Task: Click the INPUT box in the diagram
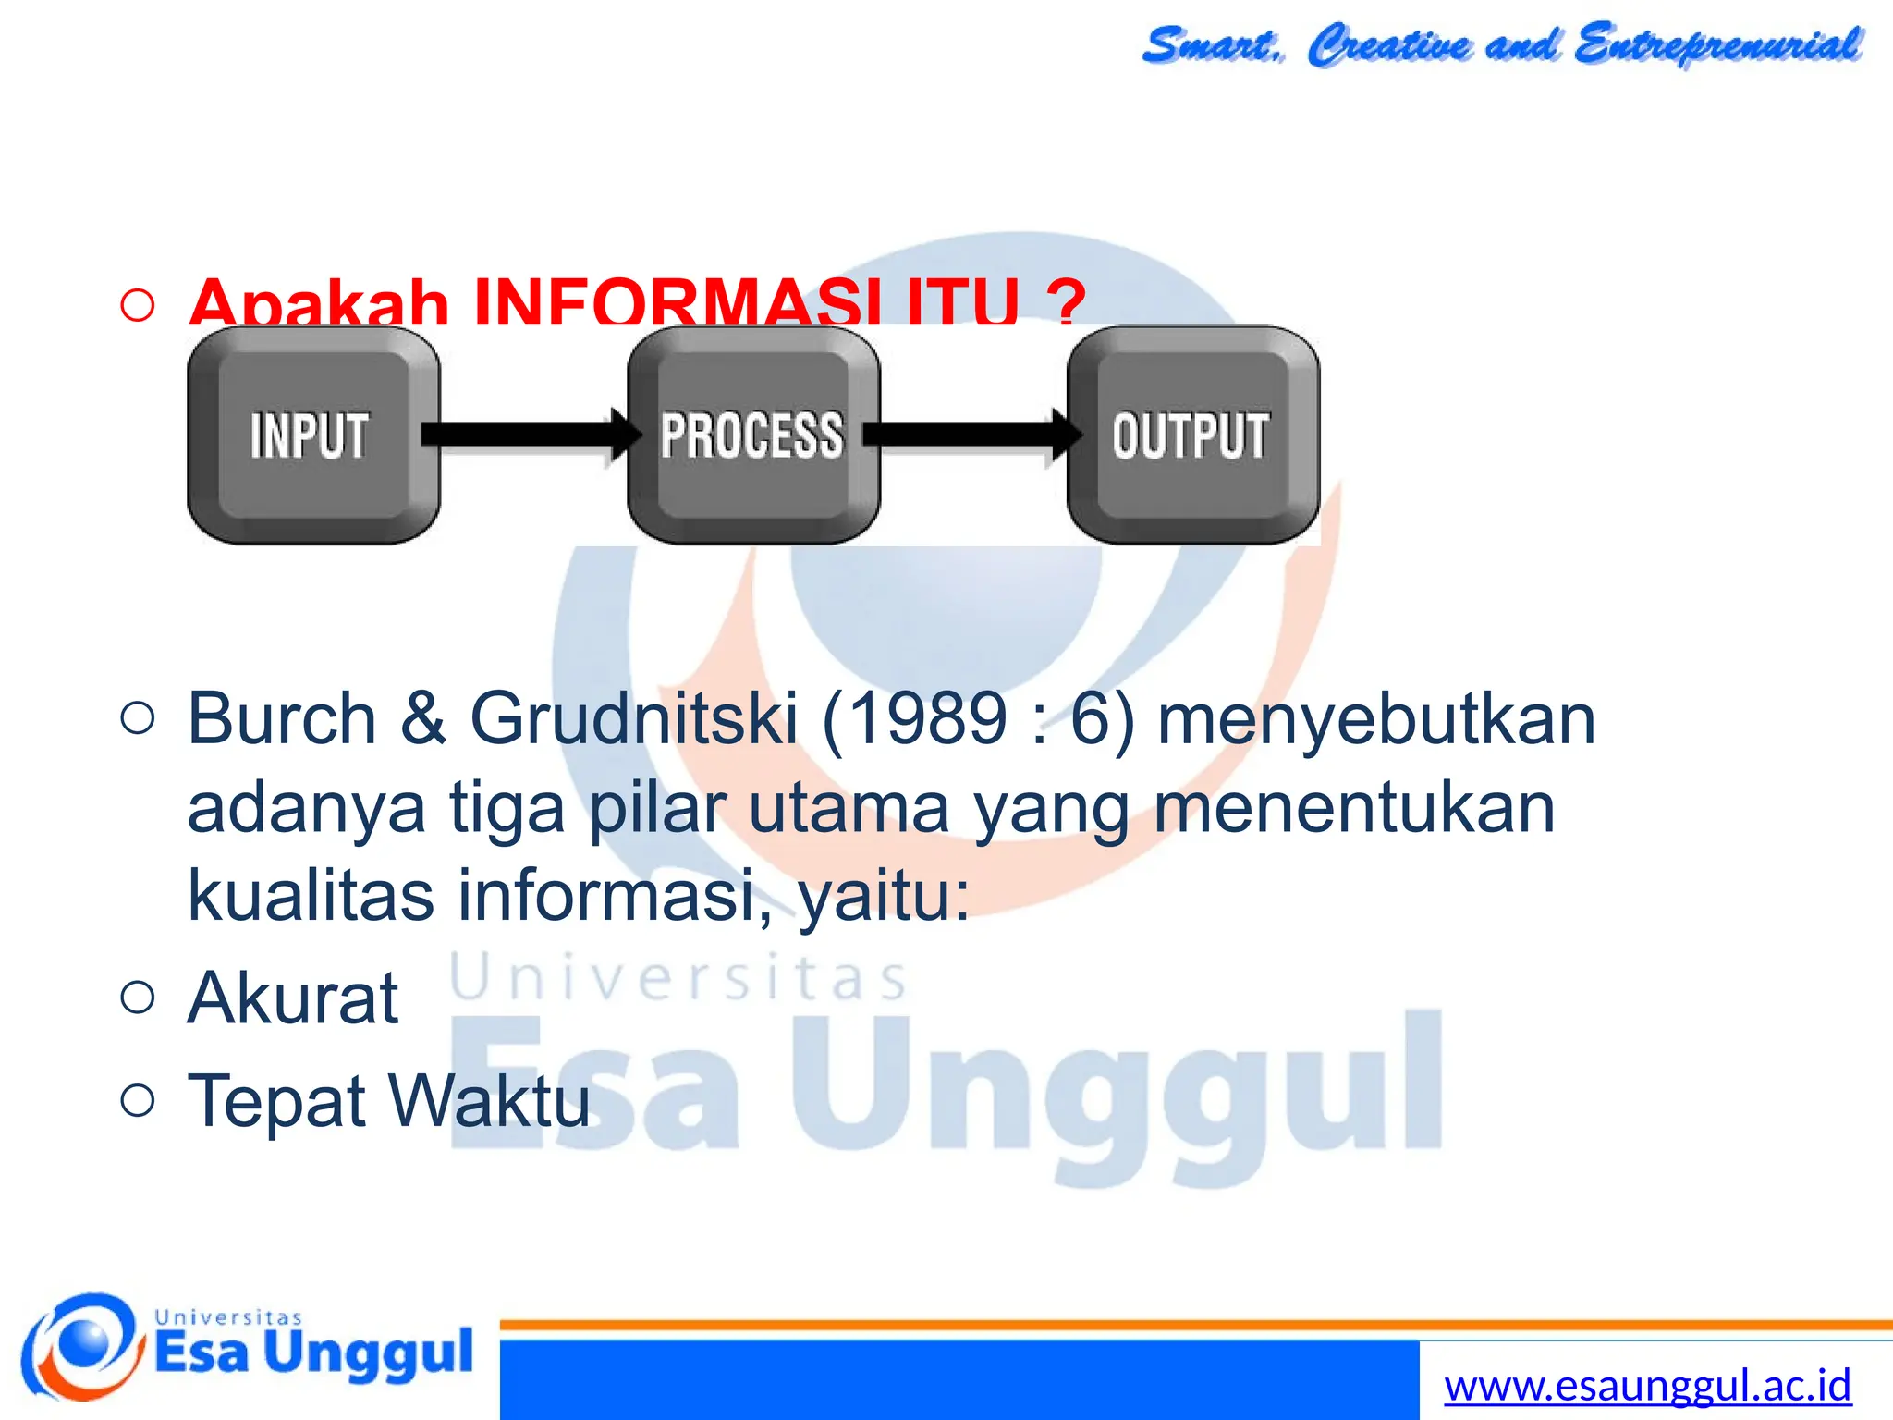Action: pyautogui.click(x=312, y=435)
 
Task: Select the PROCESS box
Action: pyautogui.click(x=752, y=435)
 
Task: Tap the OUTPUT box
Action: pyautogui.click(x=1192, y=435)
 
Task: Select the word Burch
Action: pyautogui.click(x=282, y=719)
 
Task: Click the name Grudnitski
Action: pyautogui.click(x=633, y=719)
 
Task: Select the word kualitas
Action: pyautogui.click(x=311, y=895)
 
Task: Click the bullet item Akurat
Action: pyautogui.click(x=292, y=998)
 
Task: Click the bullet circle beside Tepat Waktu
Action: pyautogui.click(x=138, y=1100)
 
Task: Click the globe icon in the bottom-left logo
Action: pyautogui.click(x=83, y=1345)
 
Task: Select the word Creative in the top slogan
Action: pyautogui.click(x=1388, y=44)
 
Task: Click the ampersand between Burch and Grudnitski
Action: pyautogui.click(x=423, y=719)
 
